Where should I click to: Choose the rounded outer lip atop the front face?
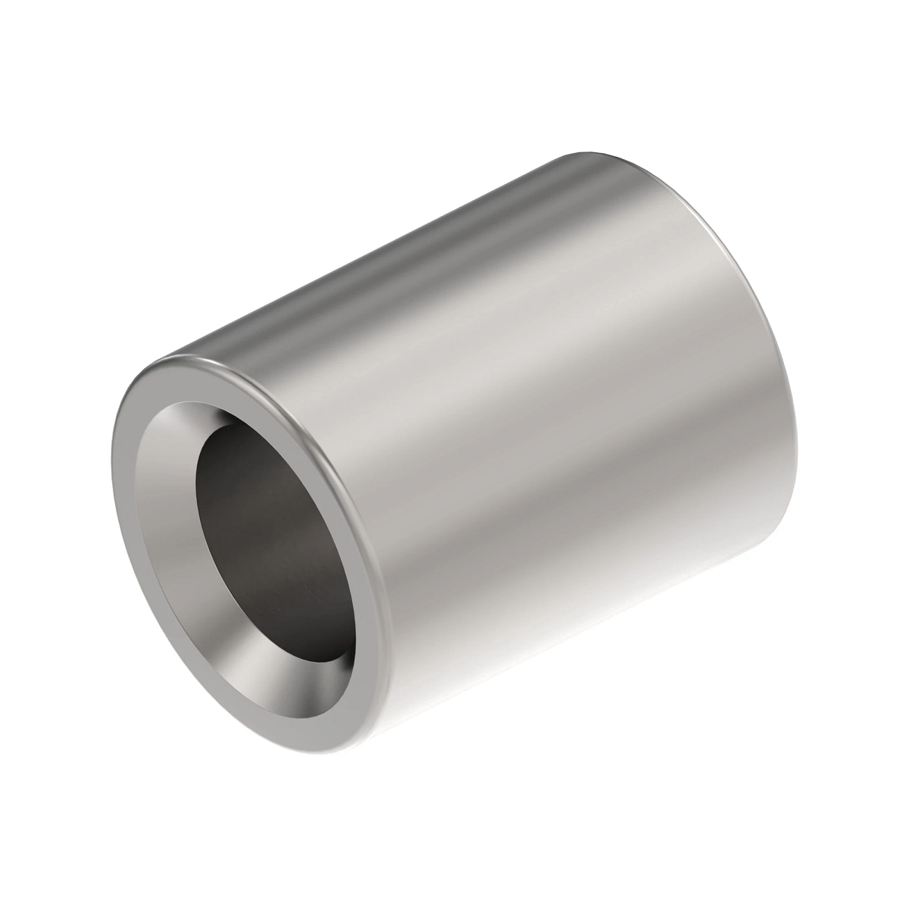(250, 371)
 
